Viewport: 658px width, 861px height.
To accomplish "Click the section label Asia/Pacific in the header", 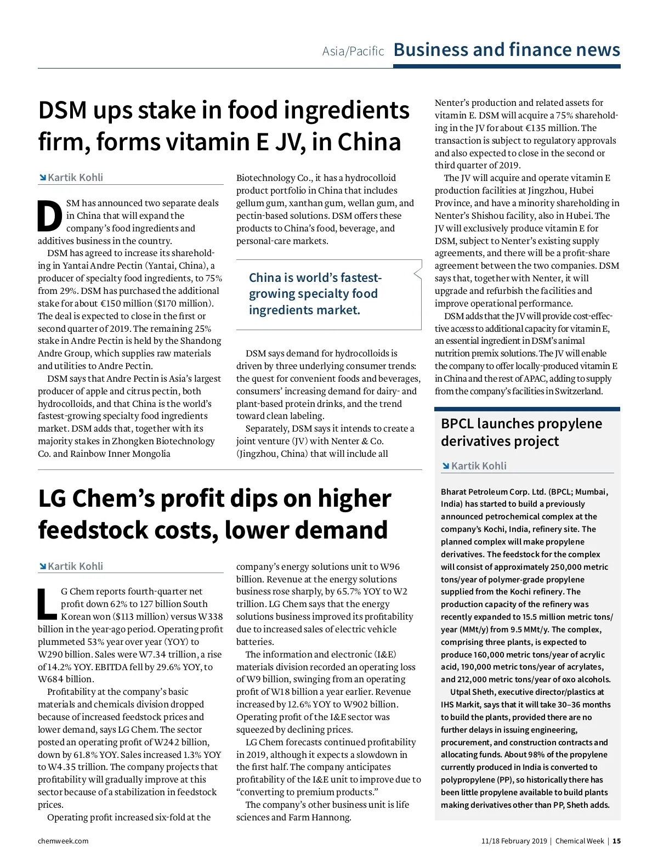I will click(353, 52).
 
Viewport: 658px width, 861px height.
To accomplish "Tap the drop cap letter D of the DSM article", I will click(50, 216).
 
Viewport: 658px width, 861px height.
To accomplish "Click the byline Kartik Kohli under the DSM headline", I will click(75, 178).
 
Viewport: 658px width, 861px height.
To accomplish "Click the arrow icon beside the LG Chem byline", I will click(42, 567).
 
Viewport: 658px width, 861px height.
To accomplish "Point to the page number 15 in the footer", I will click(616, 841).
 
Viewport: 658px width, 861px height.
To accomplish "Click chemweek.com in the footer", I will click(63, 841).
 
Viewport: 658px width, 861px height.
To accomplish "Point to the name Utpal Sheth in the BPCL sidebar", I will click(472, 692).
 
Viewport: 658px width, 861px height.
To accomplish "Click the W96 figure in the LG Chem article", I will click(390, 567).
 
